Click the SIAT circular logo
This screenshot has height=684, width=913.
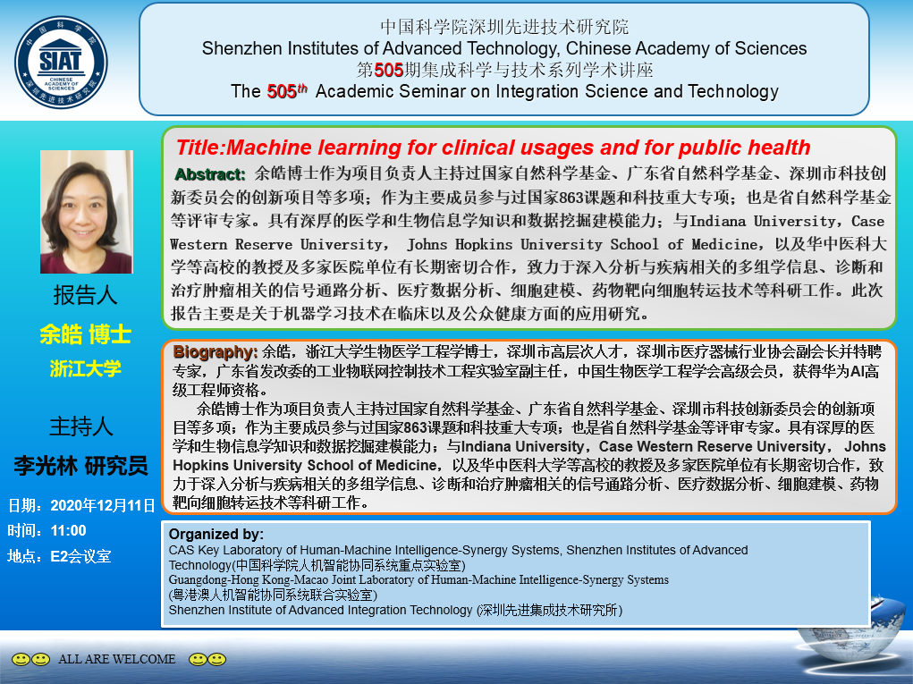pos(61,63)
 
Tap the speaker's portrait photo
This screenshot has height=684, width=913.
pos(86,212)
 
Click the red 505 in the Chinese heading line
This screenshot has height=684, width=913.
pos(389,70)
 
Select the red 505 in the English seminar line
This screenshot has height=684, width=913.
pos(282,91)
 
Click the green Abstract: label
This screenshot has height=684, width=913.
pos(210,174)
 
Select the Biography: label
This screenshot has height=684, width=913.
pos(215,351)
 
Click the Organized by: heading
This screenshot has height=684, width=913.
pos(216,534)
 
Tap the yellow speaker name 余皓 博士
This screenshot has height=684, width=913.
pos(86,334)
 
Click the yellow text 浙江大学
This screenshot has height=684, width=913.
pos(86,367)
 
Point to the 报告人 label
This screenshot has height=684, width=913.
pos(86,295)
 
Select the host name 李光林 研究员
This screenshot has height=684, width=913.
pos(81,466)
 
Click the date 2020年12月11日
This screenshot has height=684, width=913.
pos(103,505)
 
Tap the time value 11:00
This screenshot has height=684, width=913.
pos(69,530)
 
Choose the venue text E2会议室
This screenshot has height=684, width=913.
pos(81,556)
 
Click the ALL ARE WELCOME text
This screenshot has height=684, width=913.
pos(117,659)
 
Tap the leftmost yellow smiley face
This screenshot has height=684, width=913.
pos(21,659)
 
